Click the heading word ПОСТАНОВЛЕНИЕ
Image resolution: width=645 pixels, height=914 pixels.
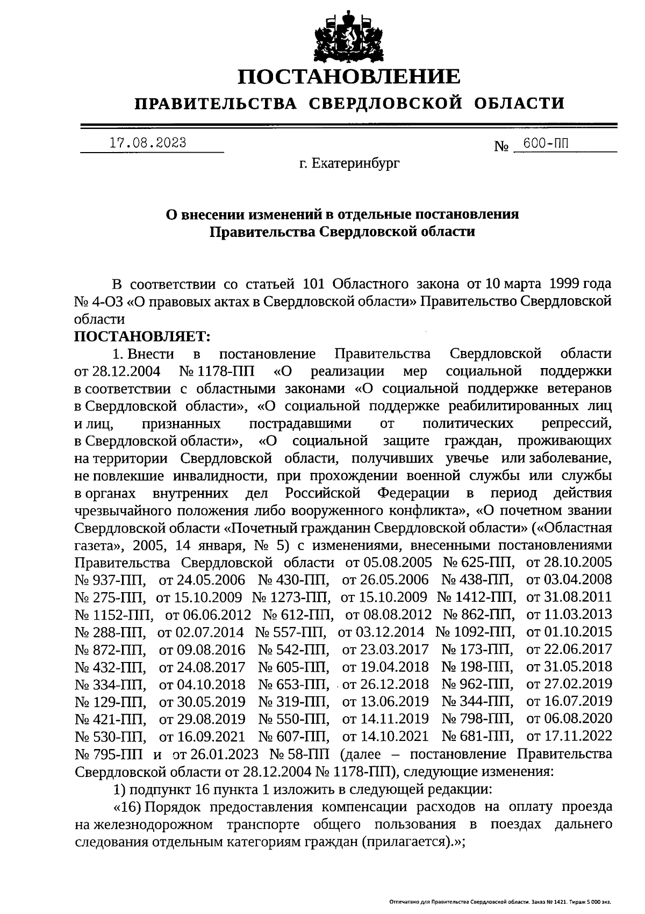point(349,77)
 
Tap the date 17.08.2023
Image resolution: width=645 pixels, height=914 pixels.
point(148,143)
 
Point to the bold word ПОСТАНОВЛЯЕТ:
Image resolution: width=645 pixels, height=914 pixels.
point(142,336)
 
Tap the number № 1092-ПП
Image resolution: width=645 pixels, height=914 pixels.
point(474,632)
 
